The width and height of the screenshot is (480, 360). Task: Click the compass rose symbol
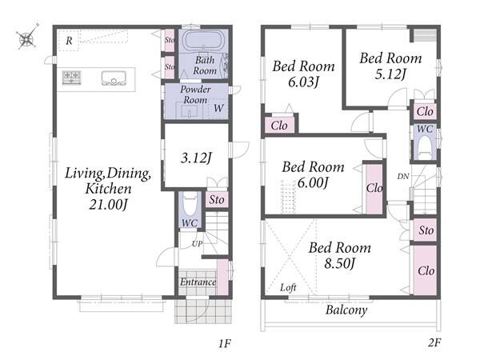pyautogui.click(x=27, y=38)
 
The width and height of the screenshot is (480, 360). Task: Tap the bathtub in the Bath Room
pyautogui.click(x=203, y=40)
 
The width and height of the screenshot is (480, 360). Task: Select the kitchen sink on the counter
pyautogui.click(x=114, y=78)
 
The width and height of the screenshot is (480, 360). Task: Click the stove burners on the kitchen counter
pyautogui.click(x=72, y=77)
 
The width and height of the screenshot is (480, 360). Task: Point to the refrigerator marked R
pyautogui.click(x=69, y=41)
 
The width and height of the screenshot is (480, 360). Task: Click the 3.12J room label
pyautogui.click(x=196, y=158)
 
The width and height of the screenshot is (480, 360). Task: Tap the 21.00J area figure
pyautogui.click(x=108, y=204)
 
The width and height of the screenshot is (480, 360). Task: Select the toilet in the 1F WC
pyautogui.click(x=190, y=203)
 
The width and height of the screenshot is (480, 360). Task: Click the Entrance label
pyautogui.click(x=198, y=282)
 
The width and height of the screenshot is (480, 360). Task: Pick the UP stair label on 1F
pyautogui.click(x=197, y=244)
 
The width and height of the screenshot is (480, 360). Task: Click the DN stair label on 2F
pyautogui.click(x=403, y=176)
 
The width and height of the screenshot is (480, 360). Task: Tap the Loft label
pyautogui.click(x=288, y=287)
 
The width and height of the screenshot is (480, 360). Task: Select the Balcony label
pyautogui.click(x=346, y=310)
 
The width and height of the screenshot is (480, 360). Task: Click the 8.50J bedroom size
pyautogui.click(x=340, y=263)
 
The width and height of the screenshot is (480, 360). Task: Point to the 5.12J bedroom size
pyautogui.click(x=391, y=74)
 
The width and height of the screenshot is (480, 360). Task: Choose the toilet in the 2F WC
pyautogui.click(x=425, y=146)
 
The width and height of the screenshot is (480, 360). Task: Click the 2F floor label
pyautogui.click(x=434, y=342)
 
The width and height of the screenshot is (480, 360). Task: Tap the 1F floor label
pyautogui.click(x=224, y=344)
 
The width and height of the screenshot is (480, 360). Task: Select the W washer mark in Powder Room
pyautogui.click(x=218, y=108)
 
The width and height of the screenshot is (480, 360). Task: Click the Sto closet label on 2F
pyautogui.click(x=426, y=230)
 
